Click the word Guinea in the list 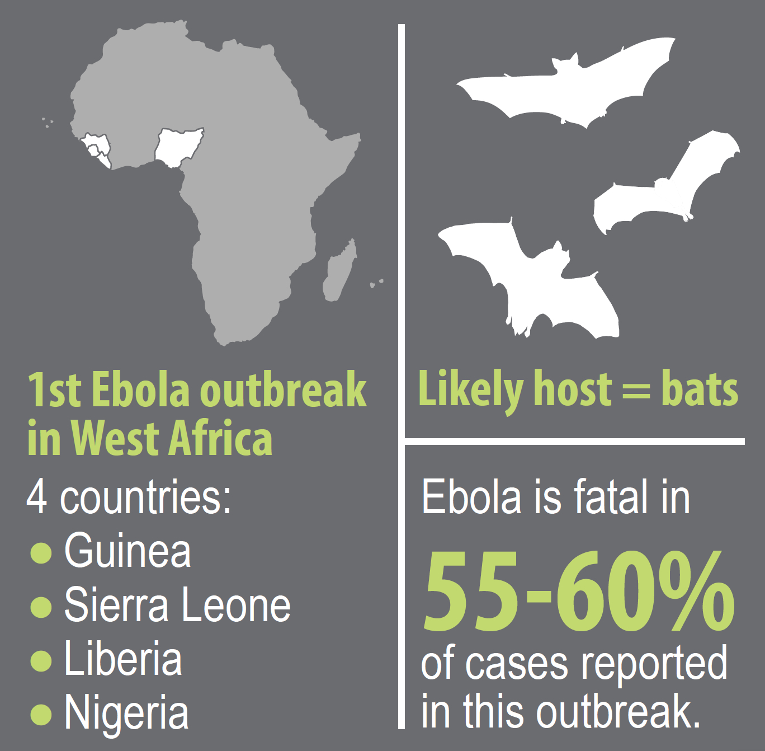(127, 551)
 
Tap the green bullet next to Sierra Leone (41, 607)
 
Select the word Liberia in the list (123, 659)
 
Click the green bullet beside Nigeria (41, 714)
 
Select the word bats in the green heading (700, 389)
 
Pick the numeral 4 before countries (37, 497)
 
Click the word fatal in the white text (612, 496)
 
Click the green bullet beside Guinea (41, 553)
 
